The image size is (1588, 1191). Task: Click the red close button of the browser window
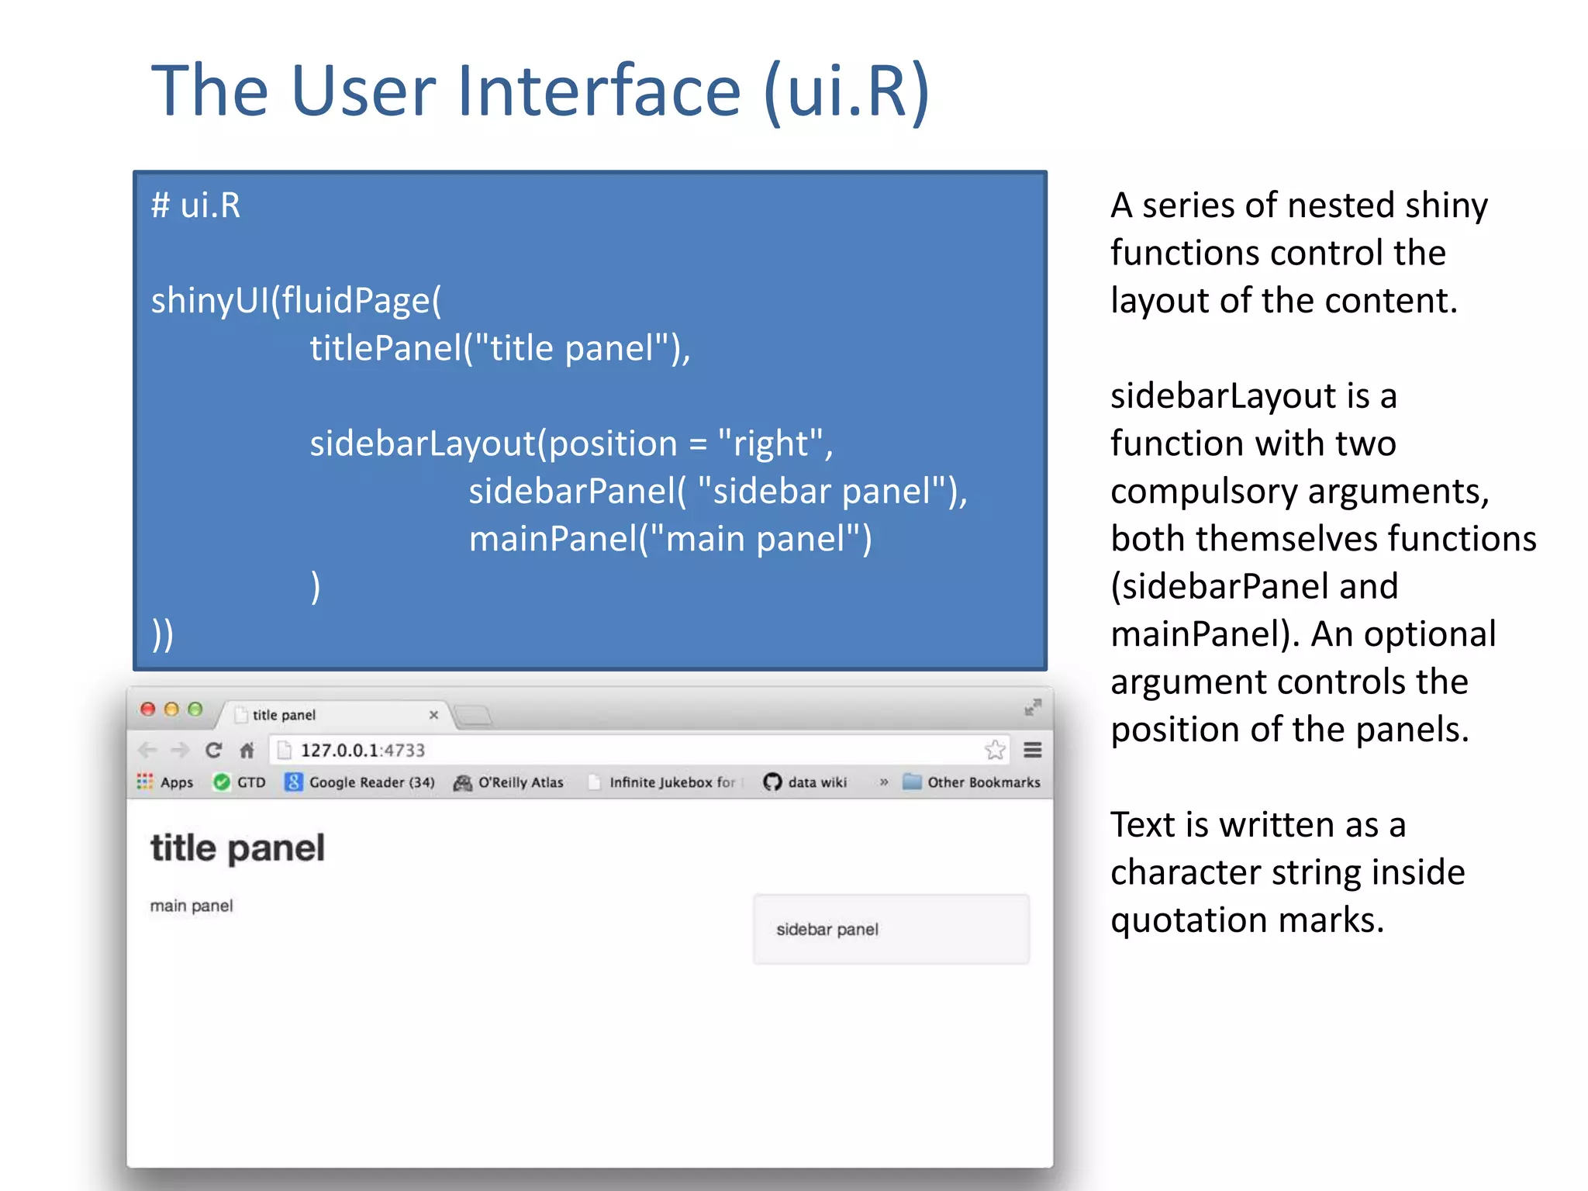pyautogui.click(x=147, y=709)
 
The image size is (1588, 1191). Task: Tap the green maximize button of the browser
pyautogui.click(x=195, y=709)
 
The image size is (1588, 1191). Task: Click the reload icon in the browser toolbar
pyautogui.click(x=213, y=750)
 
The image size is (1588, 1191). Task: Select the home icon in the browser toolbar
pyautogui.click(x=247, y=750)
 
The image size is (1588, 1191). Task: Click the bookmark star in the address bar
pyautogui.click(x=995, y=750)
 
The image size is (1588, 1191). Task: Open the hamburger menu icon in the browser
pyautogui.click(x=1032, y=750)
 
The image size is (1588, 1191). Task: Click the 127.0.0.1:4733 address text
pyautogui.click(x=362, y=750)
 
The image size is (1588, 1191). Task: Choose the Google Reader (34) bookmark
pyautogui.click(x=360, y=782)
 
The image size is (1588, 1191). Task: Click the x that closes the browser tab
pyautogui.click(x=433, y=714)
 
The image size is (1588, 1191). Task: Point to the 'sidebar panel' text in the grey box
pyautogui.click(x=827, y=929)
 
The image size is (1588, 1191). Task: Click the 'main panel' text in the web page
pyautogui.click(x=191, y=906)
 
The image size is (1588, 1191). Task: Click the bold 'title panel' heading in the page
pyautogui.click(x=237, y=848)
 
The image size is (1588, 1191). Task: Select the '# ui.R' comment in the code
pyautogui.click(x=195, y=205)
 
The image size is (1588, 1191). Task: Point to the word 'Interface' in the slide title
pyautogui.click(x=599, y=91)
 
